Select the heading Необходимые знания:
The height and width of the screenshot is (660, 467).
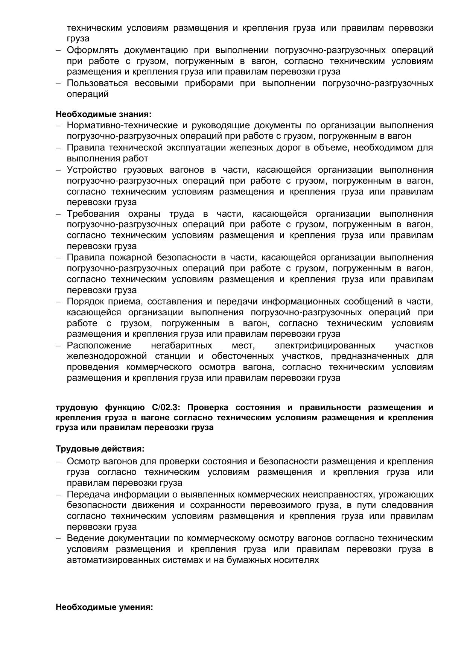pyautogui.click(x=103, y=114)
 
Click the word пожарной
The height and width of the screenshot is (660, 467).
pyautogui.click(x=131, y=257)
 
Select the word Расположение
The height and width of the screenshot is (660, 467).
pyautogui.click(x=99, y=345)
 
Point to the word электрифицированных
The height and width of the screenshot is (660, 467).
pyautogui.click(x=325, y=345)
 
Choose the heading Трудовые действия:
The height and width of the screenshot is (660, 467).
pyautogui.click(x=100, y=449)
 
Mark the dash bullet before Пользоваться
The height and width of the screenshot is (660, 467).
pyautogui.click(x=58, y=84)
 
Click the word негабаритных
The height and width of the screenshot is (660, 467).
pyautogui.click(x=181, y=345)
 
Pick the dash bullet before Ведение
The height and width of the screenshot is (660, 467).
pyautogui.click(x=58, y=538)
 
